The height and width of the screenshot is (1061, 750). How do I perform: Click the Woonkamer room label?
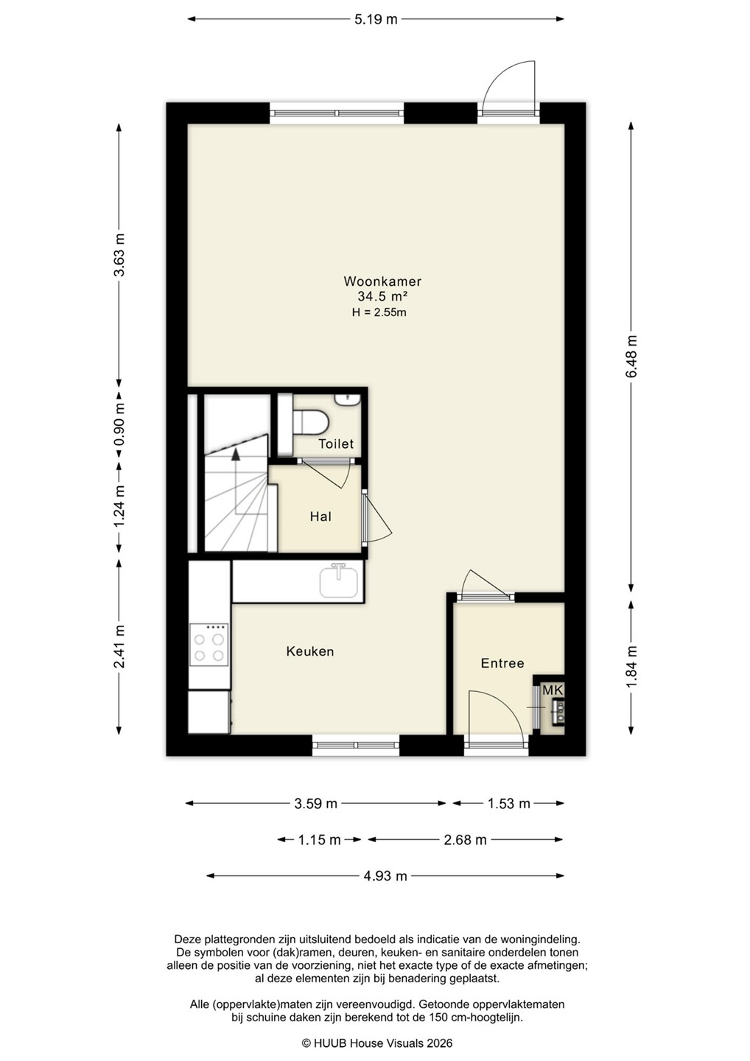click(382, 281)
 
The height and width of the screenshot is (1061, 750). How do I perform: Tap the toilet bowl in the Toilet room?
click(311, 421)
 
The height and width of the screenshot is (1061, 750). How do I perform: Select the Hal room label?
click(320, 517)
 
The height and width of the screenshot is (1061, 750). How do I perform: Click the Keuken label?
click(310, 651)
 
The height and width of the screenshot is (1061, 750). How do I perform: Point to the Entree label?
click(502, 663)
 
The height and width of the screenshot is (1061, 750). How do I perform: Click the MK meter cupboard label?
click(553, 690)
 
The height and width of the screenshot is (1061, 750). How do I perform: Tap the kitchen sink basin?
click(339, 581)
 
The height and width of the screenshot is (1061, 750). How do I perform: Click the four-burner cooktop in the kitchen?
click(208, 644)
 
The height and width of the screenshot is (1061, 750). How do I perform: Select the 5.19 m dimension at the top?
click(376, 19)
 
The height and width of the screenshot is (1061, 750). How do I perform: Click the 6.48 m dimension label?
click(631, 356)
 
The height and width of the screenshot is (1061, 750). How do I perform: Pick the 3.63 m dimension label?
click(119, 255)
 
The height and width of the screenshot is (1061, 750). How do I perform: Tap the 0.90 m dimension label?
click(119, 424)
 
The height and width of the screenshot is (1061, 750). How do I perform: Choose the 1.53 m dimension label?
click(508, 803)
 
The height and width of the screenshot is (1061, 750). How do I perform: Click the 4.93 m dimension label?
click(385, 876)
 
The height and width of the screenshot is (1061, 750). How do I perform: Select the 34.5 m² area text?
click(382, 296)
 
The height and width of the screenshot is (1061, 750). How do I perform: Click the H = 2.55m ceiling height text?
click(379, 312)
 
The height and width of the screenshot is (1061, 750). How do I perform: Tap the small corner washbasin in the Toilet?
click(347, 400)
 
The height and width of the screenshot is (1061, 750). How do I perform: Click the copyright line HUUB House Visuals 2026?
click(377, 1043)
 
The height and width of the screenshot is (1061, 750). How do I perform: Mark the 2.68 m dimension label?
click(465, 840)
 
